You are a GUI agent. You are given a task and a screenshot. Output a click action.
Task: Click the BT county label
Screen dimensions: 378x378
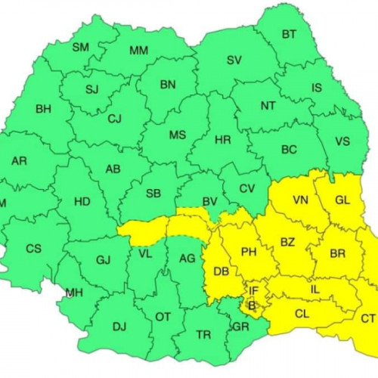289,34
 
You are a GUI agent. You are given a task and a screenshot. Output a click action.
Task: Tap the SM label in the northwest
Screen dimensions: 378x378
80,48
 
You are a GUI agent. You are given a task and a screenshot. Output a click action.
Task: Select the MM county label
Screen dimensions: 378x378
139,51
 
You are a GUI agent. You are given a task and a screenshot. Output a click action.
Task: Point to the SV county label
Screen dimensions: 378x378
234,60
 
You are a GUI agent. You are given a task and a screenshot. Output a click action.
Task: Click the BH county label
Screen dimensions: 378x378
44,109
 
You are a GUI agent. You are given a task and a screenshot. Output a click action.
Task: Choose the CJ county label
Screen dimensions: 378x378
115,119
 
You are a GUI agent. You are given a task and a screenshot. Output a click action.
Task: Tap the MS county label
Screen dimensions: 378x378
178,135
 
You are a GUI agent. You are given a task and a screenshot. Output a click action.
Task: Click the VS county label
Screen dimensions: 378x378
342,141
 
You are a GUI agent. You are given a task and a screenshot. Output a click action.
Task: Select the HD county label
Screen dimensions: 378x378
82,202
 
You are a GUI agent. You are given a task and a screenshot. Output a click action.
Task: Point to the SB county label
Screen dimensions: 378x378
153,194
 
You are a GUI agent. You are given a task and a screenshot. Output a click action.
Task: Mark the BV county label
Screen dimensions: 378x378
210,201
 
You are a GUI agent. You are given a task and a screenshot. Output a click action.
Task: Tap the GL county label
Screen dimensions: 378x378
342,200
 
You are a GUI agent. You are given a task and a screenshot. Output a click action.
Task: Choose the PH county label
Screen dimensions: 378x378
249,252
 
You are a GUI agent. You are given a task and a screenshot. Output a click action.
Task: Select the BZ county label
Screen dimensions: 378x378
287,243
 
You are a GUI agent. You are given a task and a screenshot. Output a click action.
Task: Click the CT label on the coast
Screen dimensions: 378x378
368,318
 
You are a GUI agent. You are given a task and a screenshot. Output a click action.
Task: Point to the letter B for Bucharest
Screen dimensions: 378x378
253,305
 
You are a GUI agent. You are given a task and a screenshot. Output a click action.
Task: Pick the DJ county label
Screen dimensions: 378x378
119,327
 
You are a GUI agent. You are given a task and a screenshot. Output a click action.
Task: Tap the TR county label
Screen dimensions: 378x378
203,333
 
